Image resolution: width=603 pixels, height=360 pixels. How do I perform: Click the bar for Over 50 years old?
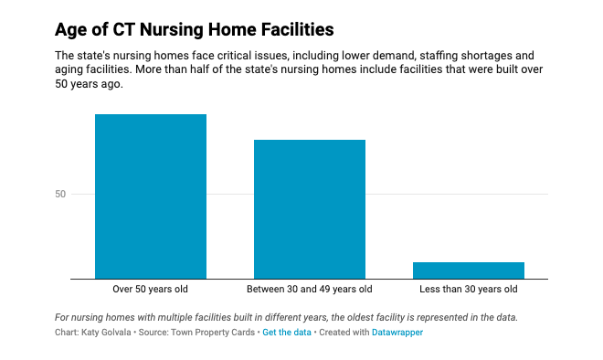pyautogui.click(x=151, y=196)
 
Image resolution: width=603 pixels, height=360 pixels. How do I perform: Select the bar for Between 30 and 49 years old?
pyautogui.click(x=310, y=209)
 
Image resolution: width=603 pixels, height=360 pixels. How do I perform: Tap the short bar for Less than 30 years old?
pyautogui.click(x=468, y=270)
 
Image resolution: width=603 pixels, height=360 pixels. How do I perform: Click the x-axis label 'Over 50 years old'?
pyautogui.click(x=151, y=290)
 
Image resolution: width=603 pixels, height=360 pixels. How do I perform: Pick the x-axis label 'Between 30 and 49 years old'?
pyautogui.click(x=310, y=290)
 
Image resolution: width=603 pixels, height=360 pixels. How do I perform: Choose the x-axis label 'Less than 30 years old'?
pyautogui.click(x=468, y=290)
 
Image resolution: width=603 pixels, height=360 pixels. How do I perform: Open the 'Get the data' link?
pyautogui.click(x=287, y=333)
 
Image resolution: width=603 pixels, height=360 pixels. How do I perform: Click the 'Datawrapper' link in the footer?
pyautogui.click(x=397, y=333)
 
